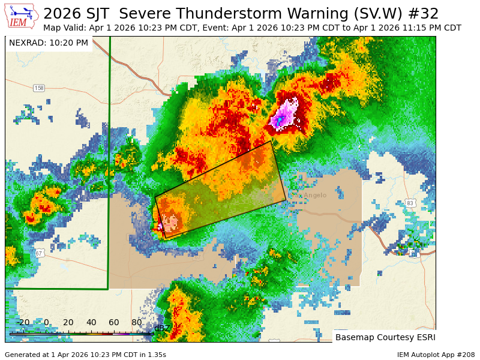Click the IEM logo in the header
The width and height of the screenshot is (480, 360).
pyautogui.click(x=22, y=16)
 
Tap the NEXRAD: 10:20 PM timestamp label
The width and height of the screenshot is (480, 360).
pyautogui.click(x=49, y=43)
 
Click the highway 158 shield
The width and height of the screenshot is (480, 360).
pyautogui.click(x=39, y=88)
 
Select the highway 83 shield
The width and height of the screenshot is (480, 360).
pyautogui.click(x=410, y=203)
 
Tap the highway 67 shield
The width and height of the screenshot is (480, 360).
pyautogui.click(x=39, y=253)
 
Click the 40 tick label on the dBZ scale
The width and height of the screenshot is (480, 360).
pyautogui.click(x=91, y=323)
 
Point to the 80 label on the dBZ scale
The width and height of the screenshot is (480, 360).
pyautogui.click(x=137, y=323)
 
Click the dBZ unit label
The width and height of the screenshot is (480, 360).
pyautogui.click(x=161, y=328)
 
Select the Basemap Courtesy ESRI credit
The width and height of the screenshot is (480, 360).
pyautogui.click(x=385, y=337)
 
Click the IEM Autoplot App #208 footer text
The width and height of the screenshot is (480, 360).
pyautogui.click(x=436, y=355)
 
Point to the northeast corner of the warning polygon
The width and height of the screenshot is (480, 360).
pyautogui.click(x=271, y=142)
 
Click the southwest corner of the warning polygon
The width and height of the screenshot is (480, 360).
pyautogui.click(x=165, y=239)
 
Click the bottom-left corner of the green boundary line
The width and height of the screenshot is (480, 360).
pyautogui.click(x=108, y=289)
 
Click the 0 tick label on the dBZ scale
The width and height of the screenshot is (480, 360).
pyautogui.click(x=46, y=323)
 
